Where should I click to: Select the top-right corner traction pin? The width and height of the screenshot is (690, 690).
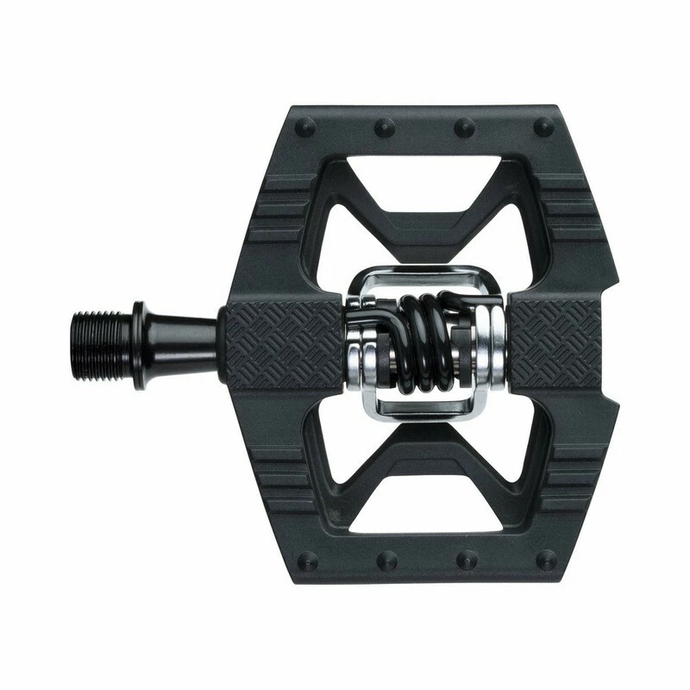click(544, 127)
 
